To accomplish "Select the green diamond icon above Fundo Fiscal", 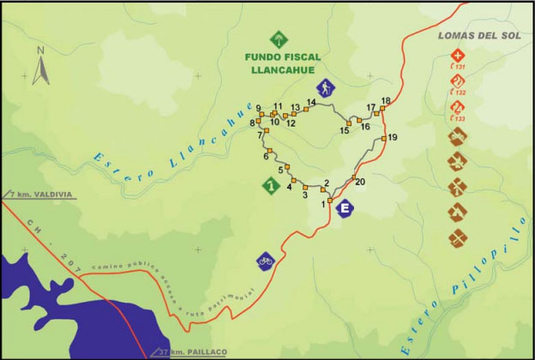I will click(280, 39).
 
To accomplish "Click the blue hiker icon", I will click(325, 87).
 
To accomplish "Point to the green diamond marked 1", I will click(271, 184).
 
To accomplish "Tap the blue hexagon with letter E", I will click(346, 208).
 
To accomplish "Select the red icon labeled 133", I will click(458, 108).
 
